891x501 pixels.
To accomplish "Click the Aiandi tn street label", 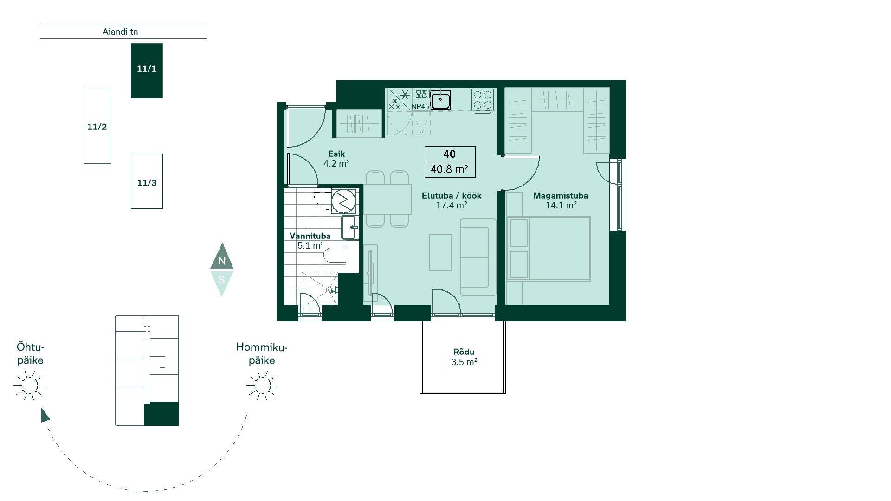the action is (120, 32).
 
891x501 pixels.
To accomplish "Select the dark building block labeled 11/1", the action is (147, 71).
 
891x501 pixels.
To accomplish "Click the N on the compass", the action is (222, 261).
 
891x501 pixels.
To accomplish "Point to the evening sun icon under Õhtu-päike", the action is (29, 385).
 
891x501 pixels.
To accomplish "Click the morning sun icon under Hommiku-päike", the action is (262, 385).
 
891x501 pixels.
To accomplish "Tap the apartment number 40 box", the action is (450, 154).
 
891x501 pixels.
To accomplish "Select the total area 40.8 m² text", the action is (449, 169).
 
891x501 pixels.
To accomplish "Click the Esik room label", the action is (336, 154).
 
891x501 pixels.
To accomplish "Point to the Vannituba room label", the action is (310, 236).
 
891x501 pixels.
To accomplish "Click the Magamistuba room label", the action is (561, 195).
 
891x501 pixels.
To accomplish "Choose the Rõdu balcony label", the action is (464, 352).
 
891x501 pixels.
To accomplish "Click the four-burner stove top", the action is (483, 100).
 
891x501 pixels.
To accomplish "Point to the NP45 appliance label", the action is (420, 107).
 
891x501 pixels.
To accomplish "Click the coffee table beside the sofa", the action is (440, 252).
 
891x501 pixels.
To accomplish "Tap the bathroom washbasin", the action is (349, 227).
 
